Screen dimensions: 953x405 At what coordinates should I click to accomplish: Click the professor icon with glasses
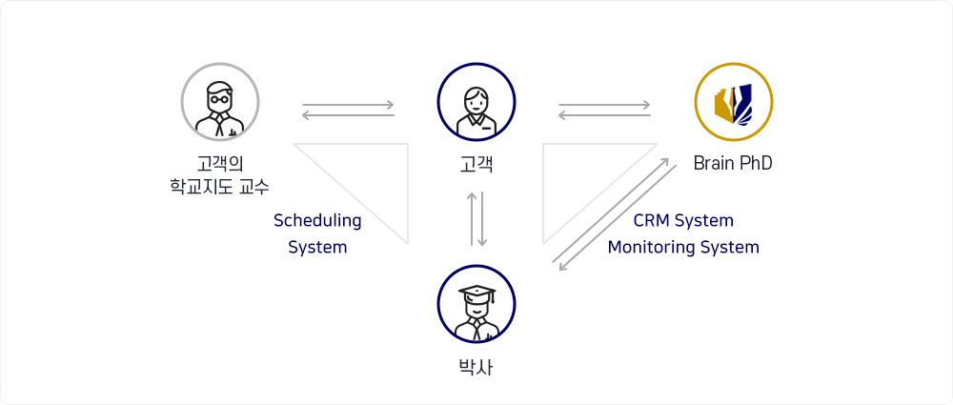click(x=220, y=102)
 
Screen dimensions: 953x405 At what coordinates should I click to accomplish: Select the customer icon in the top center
click(x=476, y=102)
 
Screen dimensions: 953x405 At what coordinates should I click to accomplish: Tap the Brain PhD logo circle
click(x=734, y=102)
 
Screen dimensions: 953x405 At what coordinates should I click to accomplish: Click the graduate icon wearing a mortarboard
click(x=476, y=303)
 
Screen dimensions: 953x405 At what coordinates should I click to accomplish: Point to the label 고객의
click(x=220, y=164)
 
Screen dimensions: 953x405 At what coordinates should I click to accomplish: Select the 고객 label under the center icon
click(x=476, y=164)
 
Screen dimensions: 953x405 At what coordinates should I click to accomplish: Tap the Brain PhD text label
click(x=733, y=164)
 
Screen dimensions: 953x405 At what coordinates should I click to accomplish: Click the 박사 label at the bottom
click(x=476, y=367)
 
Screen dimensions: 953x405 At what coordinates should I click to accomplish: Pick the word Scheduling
click(x=317, y=221)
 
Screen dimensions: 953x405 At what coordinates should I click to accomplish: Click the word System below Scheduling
click(x=317, y=248)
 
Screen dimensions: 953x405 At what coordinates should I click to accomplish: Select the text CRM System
click(x=683, y=220)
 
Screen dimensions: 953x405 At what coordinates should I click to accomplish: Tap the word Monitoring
click(x=652, y=248)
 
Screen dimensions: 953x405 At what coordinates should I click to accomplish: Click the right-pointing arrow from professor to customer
click(x=348, y=105)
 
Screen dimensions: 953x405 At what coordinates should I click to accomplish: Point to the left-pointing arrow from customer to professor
click(x=348, y=115)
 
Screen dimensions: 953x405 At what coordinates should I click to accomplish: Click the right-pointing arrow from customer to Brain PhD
click(x=605, y=105)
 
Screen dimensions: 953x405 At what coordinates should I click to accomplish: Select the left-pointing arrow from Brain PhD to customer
click(x=605, y=115)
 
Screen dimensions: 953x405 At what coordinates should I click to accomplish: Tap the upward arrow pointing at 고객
click(x=472, y=219)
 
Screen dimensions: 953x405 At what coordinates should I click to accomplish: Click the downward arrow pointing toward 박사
click(x=482, y=219)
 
